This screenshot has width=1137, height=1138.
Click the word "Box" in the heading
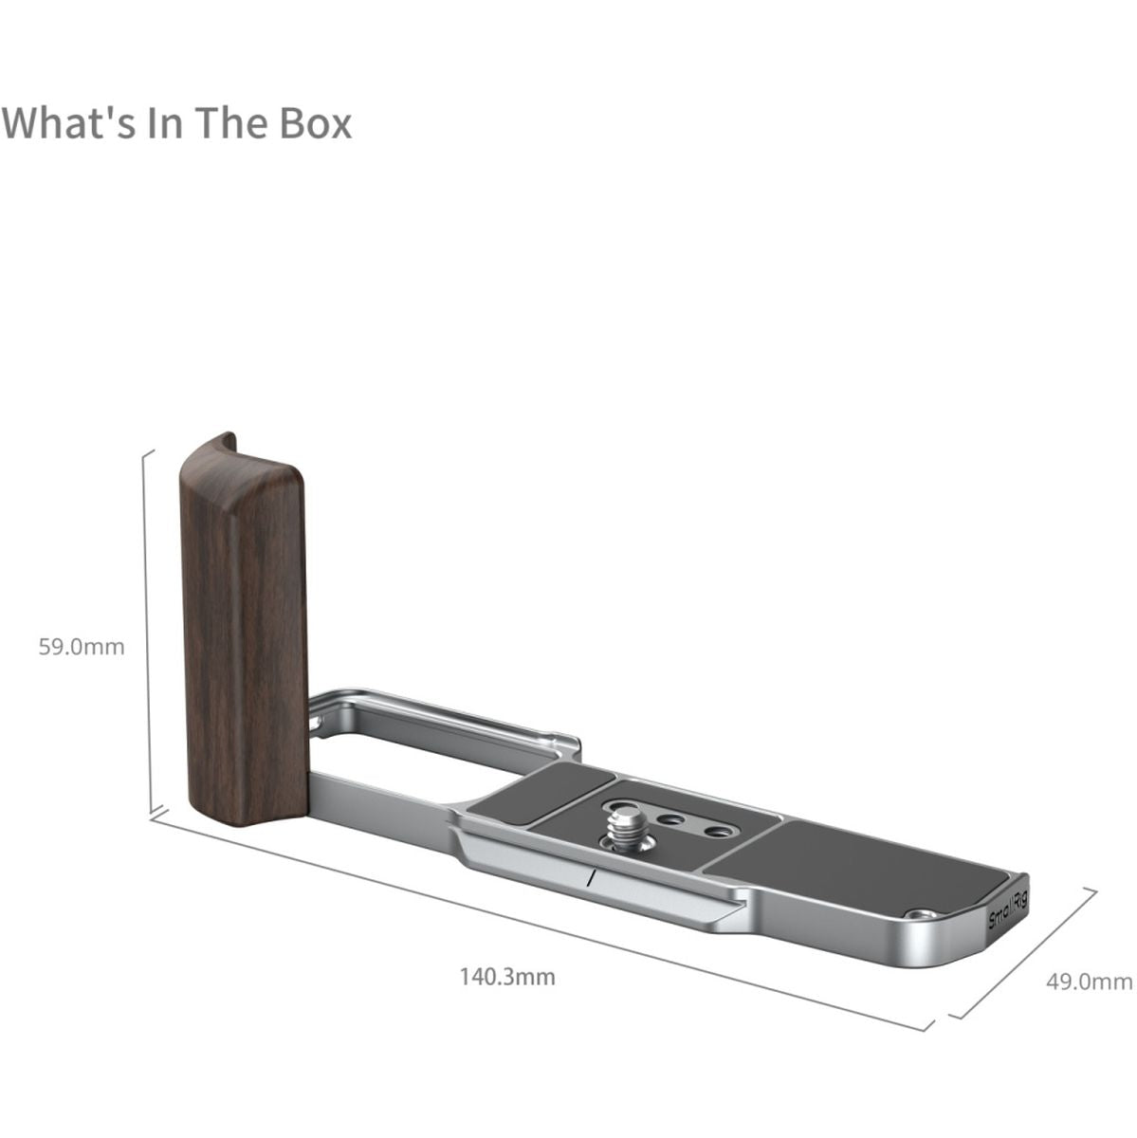point(315,123)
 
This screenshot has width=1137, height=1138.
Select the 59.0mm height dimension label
point(82,647)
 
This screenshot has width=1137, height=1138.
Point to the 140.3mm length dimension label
point(507,977)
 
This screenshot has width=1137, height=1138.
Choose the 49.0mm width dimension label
point(1090,982)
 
